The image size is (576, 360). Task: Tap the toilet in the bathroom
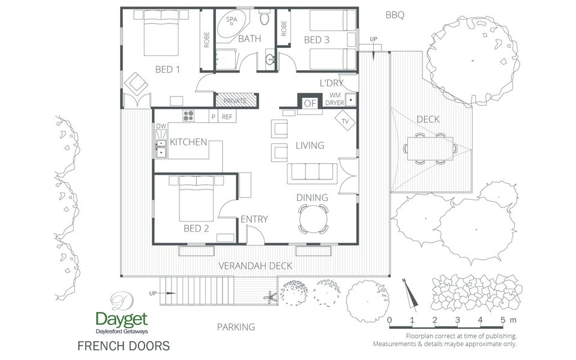265,17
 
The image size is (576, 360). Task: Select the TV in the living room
346,121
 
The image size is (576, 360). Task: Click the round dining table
313,220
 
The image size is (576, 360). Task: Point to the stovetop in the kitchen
188,116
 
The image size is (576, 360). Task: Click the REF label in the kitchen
227,117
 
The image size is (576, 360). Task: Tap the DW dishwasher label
161,126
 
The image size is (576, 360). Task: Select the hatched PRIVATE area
235,100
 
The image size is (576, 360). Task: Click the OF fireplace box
310,103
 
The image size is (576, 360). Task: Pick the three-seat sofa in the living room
312,173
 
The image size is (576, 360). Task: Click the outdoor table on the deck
430,148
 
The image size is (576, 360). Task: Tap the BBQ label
395,15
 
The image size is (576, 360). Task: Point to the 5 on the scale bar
503,320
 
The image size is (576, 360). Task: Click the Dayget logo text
122,320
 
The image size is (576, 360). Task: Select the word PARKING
236,327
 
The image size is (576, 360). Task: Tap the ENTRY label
254,220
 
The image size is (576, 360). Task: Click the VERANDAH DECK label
256,266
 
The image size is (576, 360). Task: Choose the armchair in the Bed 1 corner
136,84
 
